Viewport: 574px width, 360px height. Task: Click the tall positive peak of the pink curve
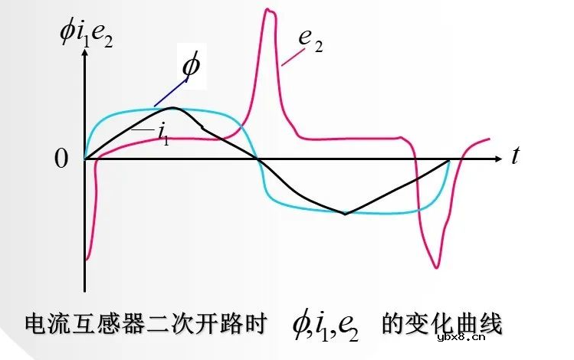coord(268,11)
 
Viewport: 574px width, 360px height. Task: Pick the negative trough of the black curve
coord(345,214)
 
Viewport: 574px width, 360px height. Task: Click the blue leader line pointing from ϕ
coord(169,91)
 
